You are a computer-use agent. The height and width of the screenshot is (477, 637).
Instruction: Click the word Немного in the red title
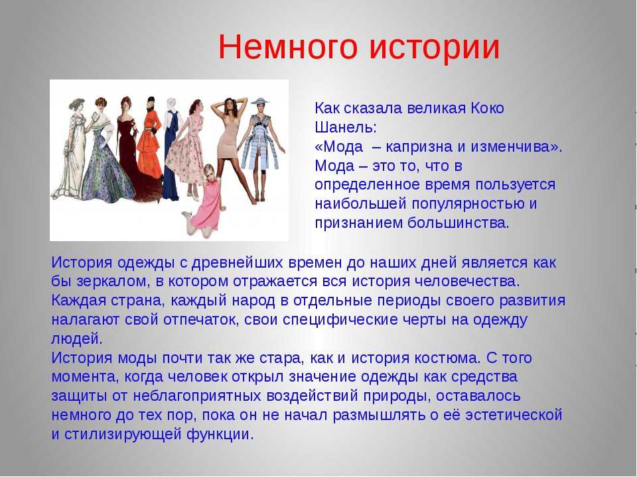point(288,48)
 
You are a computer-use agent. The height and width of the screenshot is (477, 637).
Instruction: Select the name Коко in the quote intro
point(487,108)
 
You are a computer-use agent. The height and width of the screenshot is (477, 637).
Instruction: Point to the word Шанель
point(345,128)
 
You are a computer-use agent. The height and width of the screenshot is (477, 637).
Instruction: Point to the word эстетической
point(514,415)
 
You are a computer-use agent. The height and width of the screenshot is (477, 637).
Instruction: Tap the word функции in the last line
point(220,435)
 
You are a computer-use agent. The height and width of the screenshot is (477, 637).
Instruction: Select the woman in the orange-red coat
point(148,146)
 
